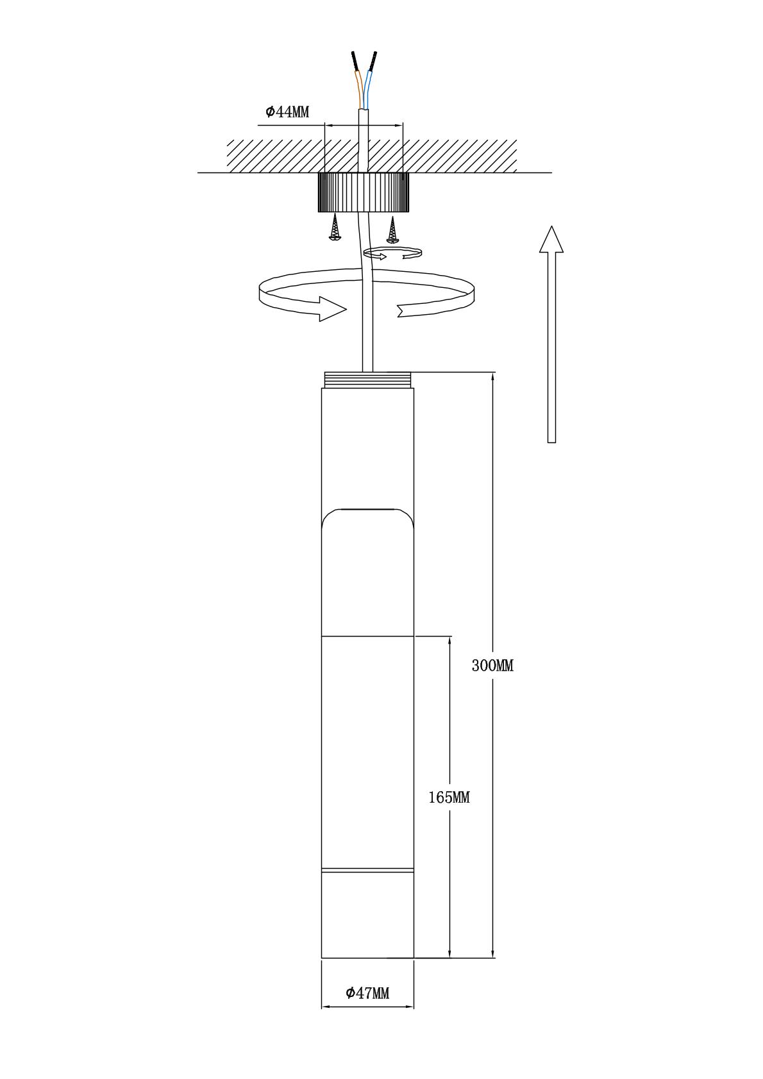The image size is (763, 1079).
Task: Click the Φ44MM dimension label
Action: pyautogui.click(x=287, y=112)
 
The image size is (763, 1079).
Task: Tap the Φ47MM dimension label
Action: pyautogui.click(x=367, y=993)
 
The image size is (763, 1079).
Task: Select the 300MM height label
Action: pyautogui.click(x=492, y=665)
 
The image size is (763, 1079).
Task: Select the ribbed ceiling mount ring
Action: pyautogui.click(x=364, y=193)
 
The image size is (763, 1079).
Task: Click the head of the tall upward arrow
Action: pyautogui.click(x=551, y=239)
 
